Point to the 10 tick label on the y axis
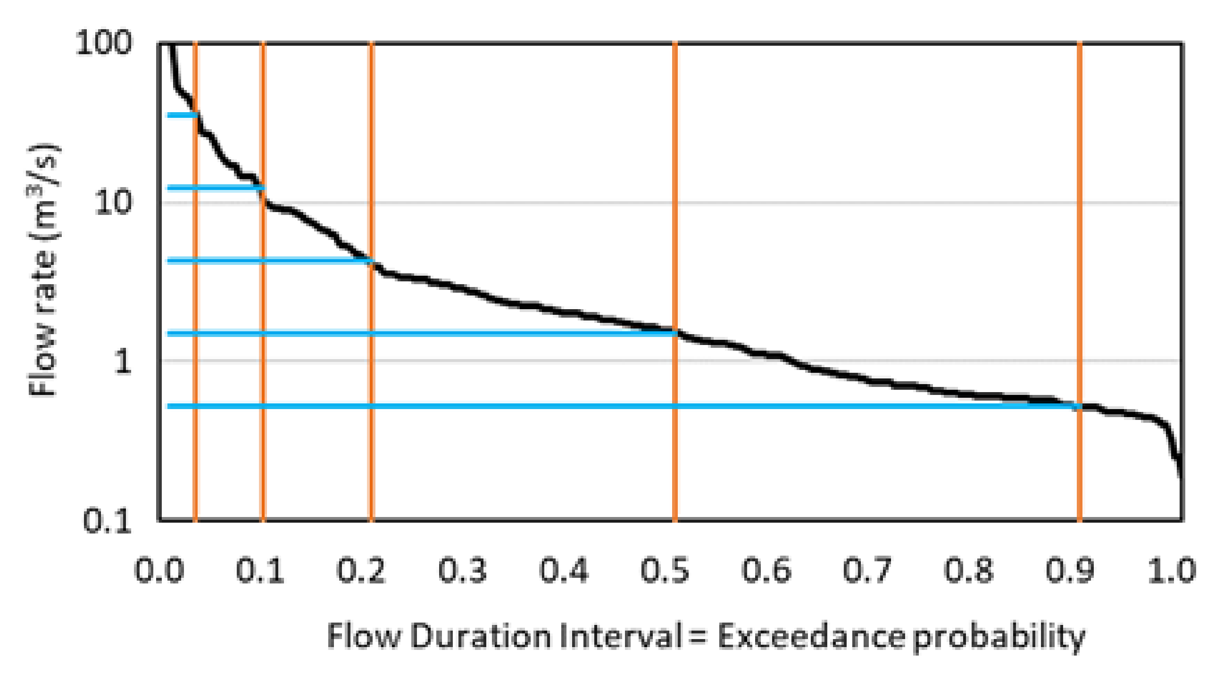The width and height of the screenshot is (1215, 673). click(x=113, y=203)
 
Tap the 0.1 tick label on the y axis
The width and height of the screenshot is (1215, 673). click(x=107, y=521)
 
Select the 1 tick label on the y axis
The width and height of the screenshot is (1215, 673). click(x=123, y=362)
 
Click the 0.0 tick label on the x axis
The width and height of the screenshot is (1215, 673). click(x=159, y=570)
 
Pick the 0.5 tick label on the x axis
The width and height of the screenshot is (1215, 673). click(x=665, y=570)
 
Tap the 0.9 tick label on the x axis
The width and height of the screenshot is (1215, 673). click(x=1070, y=570)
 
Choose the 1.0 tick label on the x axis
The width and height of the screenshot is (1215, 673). click(x=1171, y=570)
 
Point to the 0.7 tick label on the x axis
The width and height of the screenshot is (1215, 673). click(x=867, y=570)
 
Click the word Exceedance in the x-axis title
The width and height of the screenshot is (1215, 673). click(x=811, y=636)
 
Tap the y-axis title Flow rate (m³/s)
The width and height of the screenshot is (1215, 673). click(x=43, y=271)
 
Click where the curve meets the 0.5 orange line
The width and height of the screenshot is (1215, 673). click(x=675, y=332)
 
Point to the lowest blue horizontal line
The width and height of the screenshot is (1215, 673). click(x=566, y=406)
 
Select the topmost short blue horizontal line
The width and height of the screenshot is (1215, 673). click(x=182, y=115)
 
